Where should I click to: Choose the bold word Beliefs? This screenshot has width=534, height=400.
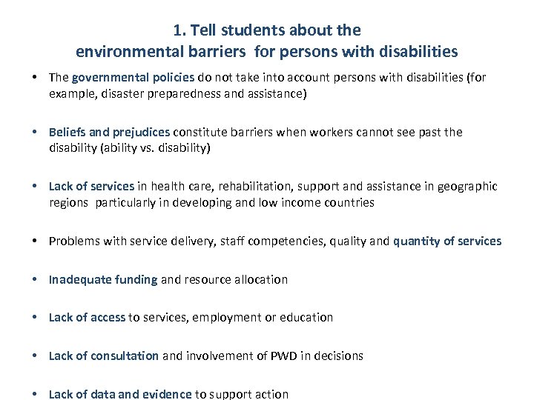click(x=67, y=132)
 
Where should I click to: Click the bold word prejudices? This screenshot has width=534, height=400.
click(x=141, y=132)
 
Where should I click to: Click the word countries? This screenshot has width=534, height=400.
click(x=349, y=202)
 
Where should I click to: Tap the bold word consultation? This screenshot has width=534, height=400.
click(x=125, y=356)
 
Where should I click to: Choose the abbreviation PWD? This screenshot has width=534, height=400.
click(x=281, y=356)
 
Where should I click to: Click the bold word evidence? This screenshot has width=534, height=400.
click(x=166, y=394)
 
